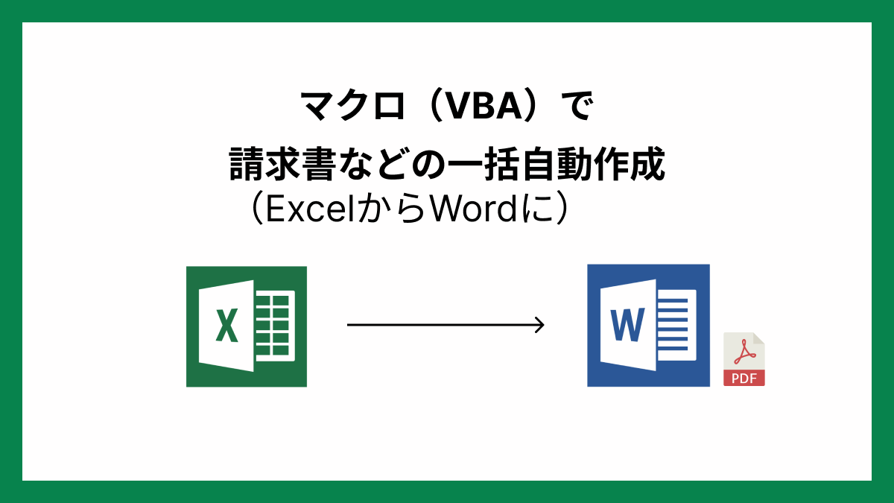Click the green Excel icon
point(246,326)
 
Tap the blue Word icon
point(648,326)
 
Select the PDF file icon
point(744,359)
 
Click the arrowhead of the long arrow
point(539,325)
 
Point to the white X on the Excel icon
point(226,326)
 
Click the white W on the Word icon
point(628,323)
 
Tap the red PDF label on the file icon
point(744,378)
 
